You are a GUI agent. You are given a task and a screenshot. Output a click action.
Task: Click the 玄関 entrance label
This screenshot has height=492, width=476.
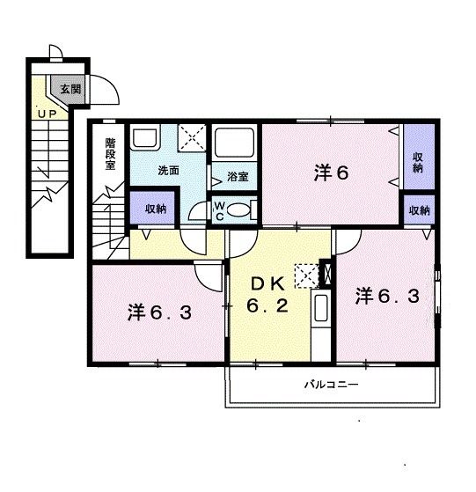(x=70, y=88)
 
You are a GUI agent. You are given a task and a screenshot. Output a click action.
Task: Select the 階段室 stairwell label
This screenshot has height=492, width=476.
(x=110, y=155)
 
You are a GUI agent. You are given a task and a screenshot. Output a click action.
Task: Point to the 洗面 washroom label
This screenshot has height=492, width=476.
(x=169, y=171)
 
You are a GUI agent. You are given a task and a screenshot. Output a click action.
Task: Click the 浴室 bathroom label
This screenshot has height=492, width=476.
(x=237, y=176)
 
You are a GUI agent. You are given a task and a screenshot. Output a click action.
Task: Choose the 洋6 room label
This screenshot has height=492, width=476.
(x=332, y=172)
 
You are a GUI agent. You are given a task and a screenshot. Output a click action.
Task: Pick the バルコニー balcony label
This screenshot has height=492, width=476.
(x=330, y=385)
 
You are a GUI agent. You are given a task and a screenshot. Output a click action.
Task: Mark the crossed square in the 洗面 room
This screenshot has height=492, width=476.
(x=192, y=139)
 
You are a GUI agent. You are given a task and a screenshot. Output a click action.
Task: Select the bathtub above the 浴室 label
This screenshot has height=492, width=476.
(x=235, y=143)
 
